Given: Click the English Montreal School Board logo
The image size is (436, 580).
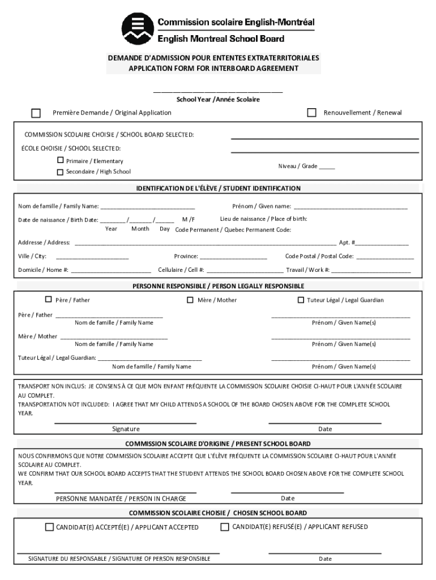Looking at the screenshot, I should pyautogui.click(x=138, y=28).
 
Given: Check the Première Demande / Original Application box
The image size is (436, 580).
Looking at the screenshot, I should pyautogui.click(x=36, y=113).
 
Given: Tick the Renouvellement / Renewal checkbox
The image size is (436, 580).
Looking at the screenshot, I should pyautogui.click(x=311, y=113).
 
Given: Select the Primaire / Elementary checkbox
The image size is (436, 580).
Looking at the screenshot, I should pyautogui.click(x=61, y=160).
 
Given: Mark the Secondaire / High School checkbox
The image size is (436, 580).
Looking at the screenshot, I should pyautogui.click(x=61, y=172).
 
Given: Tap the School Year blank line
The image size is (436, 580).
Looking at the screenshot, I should pyautogui.click(x=218, y=91).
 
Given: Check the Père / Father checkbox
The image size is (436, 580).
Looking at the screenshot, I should pyautogui.click(x=48, y=300).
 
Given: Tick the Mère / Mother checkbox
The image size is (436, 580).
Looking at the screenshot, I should pyautogui.click(x=190, y=300).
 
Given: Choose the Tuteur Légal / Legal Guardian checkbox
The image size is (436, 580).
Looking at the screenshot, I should pyautogui.click(x=301, y=300).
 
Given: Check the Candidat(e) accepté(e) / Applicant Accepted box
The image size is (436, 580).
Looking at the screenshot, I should pyautogui.click(x=49, y=527).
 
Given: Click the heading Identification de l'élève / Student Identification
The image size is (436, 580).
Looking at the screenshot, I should pyautogui.click(x=218, y=188).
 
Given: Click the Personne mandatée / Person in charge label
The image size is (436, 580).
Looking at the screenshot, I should pyautogui.click(x=121, y=499).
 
